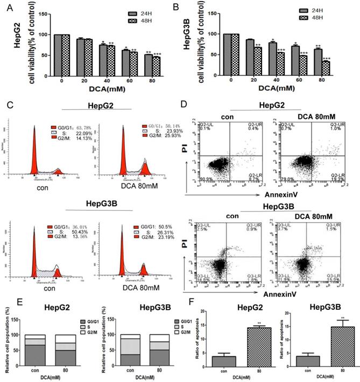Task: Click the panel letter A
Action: tap(6, 8)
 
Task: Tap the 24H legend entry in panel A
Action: tap(140, 11)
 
